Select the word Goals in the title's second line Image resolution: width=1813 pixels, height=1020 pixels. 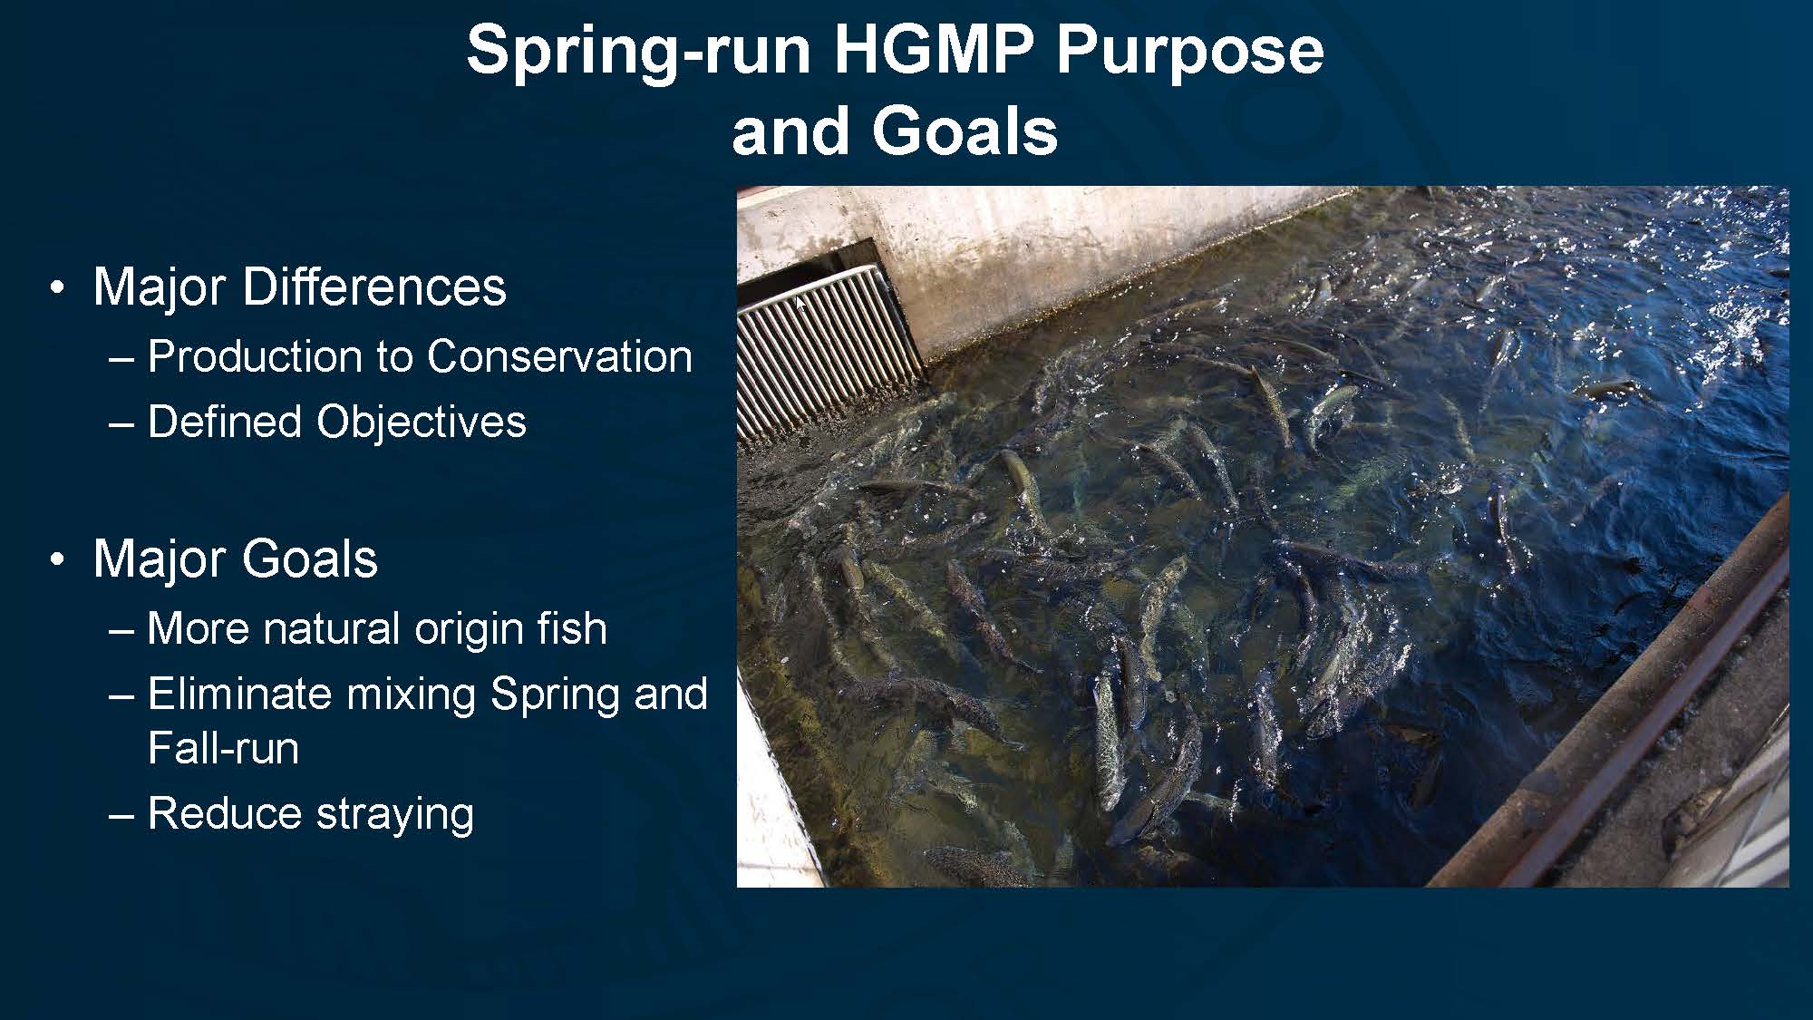pyautogui.click(x=965, y=131)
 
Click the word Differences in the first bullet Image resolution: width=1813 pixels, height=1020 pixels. pyautogui.click(x=374, y=287)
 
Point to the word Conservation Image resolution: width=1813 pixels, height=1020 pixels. pyautogui.click(x=559, y=355)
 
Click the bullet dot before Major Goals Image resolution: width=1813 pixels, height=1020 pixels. pyautogui.click(x=58, y=560)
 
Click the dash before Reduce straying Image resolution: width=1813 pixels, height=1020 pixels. pyautogui.click(x=121, y=814)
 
